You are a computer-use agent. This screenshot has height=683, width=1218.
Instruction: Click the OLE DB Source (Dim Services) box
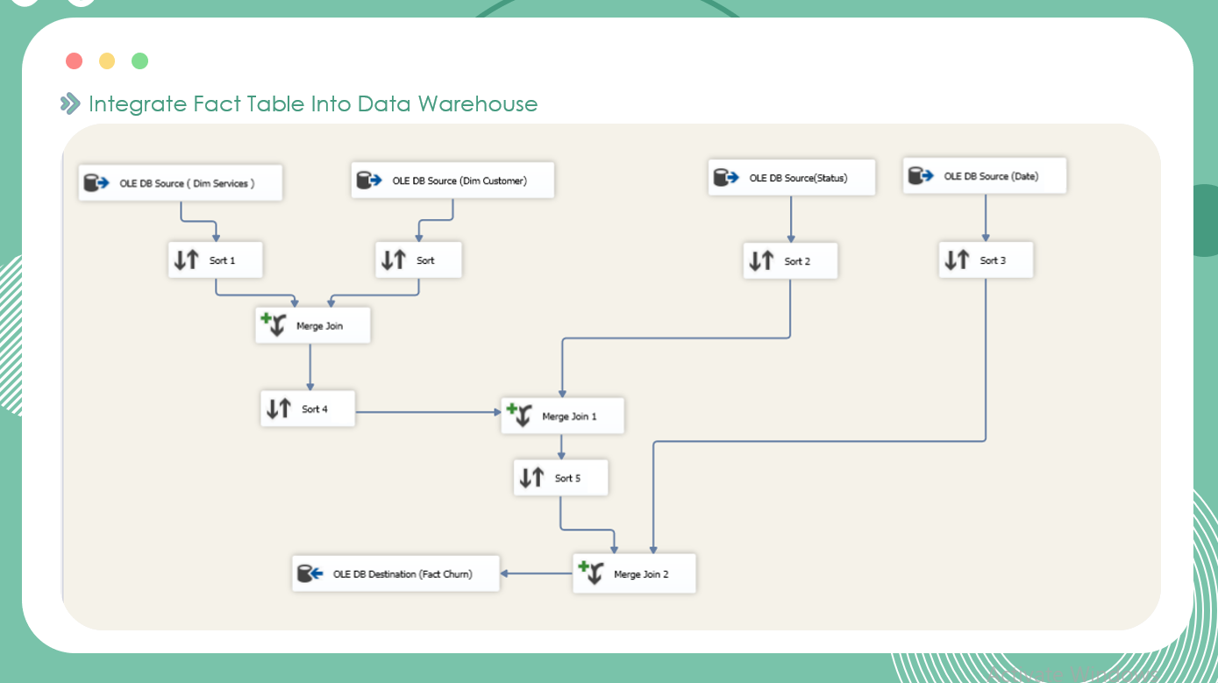tap(181, 183)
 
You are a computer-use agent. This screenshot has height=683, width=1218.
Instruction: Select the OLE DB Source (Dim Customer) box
tap(453, 180)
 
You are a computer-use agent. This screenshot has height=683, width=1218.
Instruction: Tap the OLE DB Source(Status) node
tap(792, 177)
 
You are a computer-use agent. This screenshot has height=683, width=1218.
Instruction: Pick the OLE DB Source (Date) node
tap(985, 175)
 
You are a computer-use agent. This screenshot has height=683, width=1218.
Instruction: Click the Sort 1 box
tap(216, 260)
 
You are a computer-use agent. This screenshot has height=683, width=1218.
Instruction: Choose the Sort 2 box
tap(791, 261)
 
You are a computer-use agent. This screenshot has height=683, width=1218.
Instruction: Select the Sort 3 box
tap(986, 260)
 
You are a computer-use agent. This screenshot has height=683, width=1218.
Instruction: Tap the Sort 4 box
tap(308, 409)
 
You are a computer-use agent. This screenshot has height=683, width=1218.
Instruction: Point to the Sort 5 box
tap(560, 478)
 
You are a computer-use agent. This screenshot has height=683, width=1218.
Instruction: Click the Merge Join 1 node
tap(562, 416)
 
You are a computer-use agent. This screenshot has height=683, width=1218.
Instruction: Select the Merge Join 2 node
tap(634, 573)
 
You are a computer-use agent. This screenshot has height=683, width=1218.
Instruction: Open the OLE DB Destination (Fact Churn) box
tap(395, 573)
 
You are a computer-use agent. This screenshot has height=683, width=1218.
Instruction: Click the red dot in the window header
tap(74, 60)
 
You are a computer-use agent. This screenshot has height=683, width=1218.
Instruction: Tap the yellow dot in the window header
tap(107, 60)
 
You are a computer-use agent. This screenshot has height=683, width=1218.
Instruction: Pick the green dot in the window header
tap(139, 60)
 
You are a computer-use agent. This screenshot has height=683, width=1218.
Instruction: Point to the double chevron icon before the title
tap(70, 103)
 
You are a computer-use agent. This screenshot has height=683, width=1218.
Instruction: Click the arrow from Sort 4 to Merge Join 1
tap(428, 412)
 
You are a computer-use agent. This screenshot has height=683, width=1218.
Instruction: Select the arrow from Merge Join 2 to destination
tap(536, 573)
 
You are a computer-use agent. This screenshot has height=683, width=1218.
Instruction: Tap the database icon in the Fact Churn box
tap(310, 573)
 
